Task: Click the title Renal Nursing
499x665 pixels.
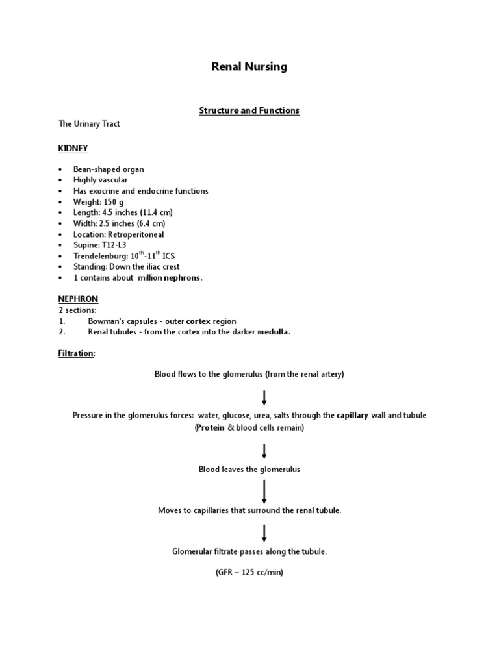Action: click(x=249, y=67)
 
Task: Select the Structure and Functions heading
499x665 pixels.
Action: click(x=249, y=110)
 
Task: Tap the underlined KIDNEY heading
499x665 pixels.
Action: click(x=73, y=149)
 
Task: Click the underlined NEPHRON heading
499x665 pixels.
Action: click(x=78, y=299)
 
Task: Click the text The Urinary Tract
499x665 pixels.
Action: click(x=89, y=123)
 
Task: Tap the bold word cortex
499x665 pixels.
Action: click(x=198, y=321)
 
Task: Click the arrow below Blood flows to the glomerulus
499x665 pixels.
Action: click(x=264, y=397)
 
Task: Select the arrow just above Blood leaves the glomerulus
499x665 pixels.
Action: click(x=264, y=451)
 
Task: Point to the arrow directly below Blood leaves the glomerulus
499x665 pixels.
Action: click(x=264, y=492)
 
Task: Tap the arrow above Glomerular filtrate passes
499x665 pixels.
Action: click(x=264, y=533)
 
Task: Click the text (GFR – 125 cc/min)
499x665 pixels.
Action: click(x=249, y=573)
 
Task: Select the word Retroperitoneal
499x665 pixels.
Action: click(x=140, y=234)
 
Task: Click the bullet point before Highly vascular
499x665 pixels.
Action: click(x=60, y=180)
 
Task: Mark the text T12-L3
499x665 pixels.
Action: click(x=114, y=245)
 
